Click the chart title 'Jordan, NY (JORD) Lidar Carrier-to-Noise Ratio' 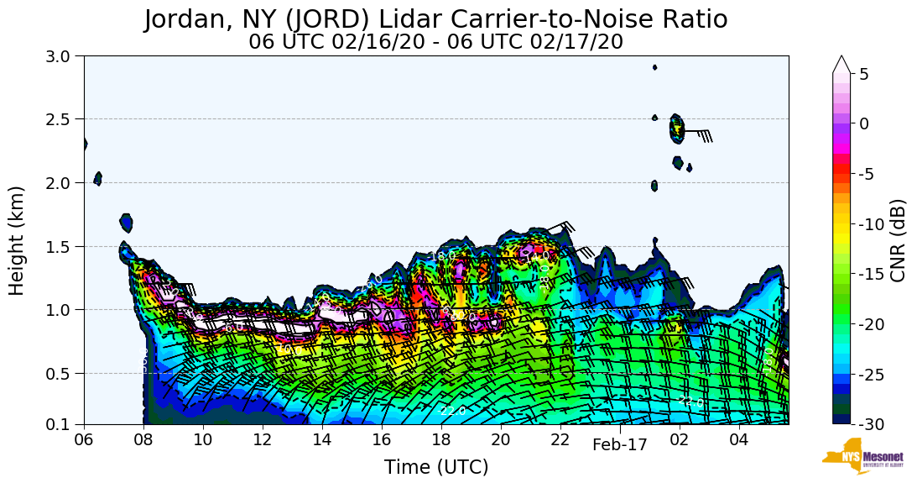(435, 18)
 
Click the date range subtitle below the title (435, 41)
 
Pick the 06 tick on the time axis (84, 439)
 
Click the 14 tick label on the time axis (322, 439)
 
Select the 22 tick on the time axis (560, 439)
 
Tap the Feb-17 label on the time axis (620, 445)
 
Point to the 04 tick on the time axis (739, 439)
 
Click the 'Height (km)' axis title (18, 240)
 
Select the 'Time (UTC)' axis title (435, 467)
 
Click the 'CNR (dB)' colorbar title (898, 240)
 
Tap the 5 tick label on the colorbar (863, 74)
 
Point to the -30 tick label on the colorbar (872, 424)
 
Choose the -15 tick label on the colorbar (872, 274)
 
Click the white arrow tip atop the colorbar (841, 63)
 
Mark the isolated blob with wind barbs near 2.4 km (677, 129)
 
